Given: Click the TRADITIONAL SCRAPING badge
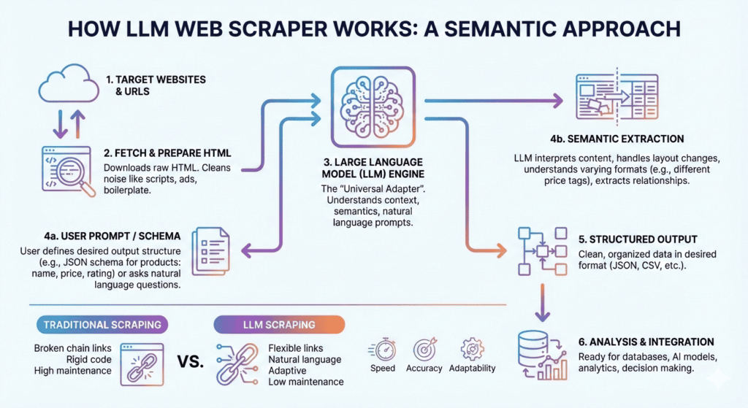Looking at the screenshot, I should click(x=101, y=324).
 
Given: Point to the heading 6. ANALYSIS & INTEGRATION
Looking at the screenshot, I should click(x=646, y=342).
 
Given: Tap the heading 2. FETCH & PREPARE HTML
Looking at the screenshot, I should click(x=167, y=153).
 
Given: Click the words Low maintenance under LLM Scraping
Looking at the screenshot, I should click(x=305, y=382).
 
